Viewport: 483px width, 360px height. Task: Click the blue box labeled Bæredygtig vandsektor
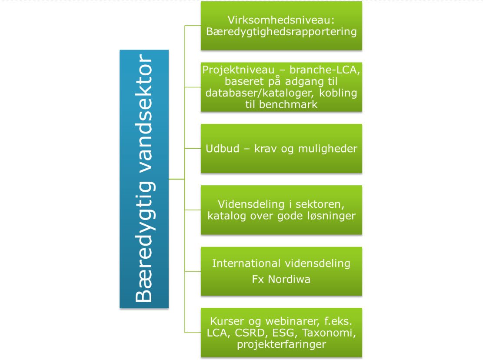(144, 179)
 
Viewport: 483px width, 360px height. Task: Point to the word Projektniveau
(238, 70)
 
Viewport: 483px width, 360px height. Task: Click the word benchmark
(288, 105)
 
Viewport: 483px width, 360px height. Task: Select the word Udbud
(223, 149)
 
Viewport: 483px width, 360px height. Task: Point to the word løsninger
(331, 216)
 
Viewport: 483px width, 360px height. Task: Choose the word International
(246, 263)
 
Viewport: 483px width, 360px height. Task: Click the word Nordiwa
(289, 279)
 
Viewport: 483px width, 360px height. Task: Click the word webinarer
(292, 321)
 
